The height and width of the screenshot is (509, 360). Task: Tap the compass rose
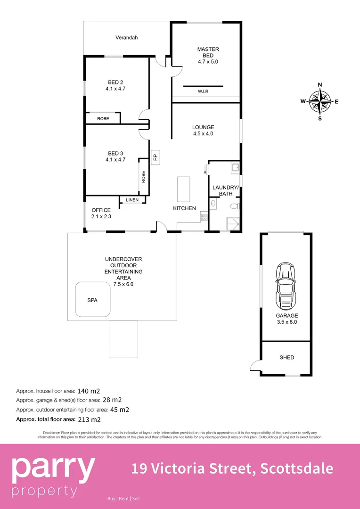tap(320, 101)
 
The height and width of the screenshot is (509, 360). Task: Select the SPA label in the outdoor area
tap(92, 300)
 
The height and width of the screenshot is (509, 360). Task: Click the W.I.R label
tap(204, 91)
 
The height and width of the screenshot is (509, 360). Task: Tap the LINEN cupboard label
tap(132, 200)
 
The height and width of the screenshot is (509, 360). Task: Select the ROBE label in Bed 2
tap(103, 119)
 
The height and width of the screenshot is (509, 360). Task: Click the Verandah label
tap(126, 38)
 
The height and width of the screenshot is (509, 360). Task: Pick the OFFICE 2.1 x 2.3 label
tap(101, 213)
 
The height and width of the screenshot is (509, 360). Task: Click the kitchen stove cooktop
tap(205, 217)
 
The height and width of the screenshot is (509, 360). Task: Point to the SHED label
tap(286, 358)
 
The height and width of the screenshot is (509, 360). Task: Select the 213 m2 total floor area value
tap(92, 419)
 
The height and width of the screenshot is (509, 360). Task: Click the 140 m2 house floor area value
tap(92, 391)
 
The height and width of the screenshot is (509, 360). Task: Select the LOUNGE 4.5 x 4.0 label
tap(203, 130)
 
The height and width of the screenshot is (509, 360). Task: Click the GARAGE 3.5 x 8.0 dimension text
tap(287, 322)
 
